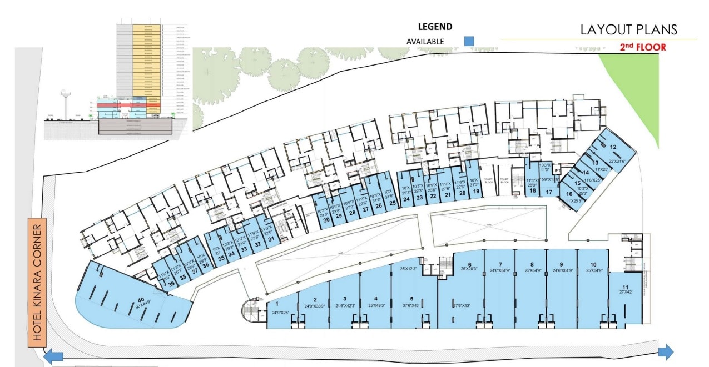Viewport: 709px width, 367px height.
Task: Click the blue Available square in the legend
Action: point(469,41)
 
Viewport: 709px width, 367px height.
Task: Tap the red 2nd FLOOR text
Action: point(643,47)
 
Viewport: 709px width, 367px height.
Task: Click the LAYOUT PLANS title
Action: point(629,29)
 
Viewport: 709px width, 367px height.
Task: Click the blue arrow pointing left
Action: point(54,356)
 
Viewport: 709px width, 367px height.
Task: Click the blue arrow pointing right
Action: point(666,352)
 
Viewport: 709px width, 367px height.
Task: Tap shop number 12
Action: point(613,147)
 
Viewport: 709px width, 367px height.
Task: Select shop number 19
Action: point(476,192)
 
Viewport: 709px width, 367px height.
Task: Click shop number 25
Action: point(393,203)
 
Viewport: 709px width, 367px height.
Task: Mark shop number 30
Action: point(327,220)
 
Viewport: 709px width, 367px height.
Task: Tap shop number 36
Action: point(206,265)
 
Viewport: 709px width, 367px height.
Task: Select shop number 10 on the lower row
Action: point(593,265)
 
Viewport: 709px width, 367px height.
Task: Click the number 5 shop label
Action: point(411,299)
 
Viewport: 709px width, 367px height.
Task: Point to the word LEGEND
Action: point(435,27)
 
